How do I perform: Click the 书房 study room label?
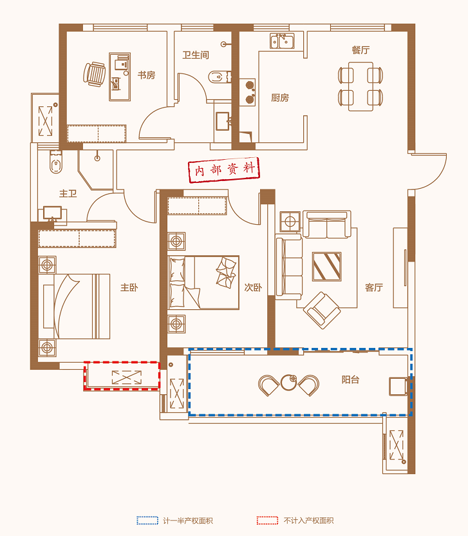[x=147, y=75]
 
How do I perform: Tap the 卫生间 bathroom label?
[x=196, y=55]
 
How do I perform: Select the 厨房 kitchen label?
[x=280, y=98]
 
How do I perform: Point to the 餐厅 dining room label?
[x=360, y=50]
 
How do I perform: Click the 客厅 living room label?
[x=374, y=287]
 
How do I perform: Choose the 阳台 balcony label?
[x=350, y=379]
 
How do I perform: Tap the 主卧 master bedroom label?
[x=129, y=287]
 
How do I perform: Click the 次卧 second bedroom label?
[x=253, y=287]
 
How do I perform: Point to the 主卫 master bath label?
[x=68, y=193]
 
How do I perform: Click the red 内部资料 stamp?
[x=224, y=169]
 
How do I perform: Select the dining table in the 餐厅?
[x=360, y=86]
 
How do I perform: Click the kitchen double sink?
[x=282, y=41]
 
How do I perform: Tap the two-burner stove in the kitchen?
[x=247, y=92]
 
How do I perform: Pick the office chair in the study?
[x=94, y=74]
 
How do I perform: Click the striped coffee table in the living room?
[x=327, y=267]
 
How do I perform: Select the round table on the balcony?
[x=288, y=383]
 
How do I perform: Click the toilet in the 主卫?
[x=56, y=162]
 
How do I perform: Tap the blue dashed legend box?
[x=147, y=521]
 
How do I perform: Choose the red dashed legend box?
[x=268, y=521]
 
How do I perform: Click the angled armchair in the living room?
[x=322, y=311]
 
